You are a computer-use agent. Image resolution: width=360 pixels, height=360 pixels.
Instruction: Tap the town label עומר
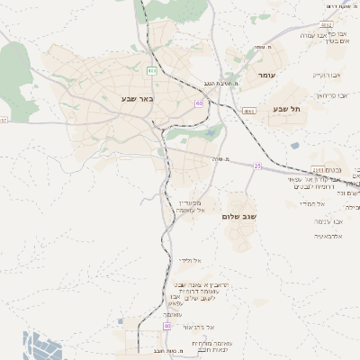point(267,75)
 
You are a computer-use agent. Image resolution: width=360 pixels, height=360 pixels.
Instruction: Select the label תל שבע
point(287,108)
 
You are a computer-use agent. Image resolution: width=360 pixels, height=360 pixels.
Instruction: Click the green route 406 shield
point(151,70)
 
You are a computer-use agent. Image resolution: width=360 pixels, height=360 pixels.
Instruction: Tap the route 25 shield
point(257,166)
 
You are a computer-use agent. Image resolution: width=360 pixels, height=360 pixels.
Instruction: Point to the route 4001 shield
point(249,112)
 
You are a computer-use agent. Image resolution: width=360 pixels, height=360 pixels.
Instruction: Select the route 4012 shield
point(326,25)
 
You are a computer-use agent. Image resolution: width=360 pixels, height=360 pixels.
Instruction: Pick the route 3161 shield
point(319,168)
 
